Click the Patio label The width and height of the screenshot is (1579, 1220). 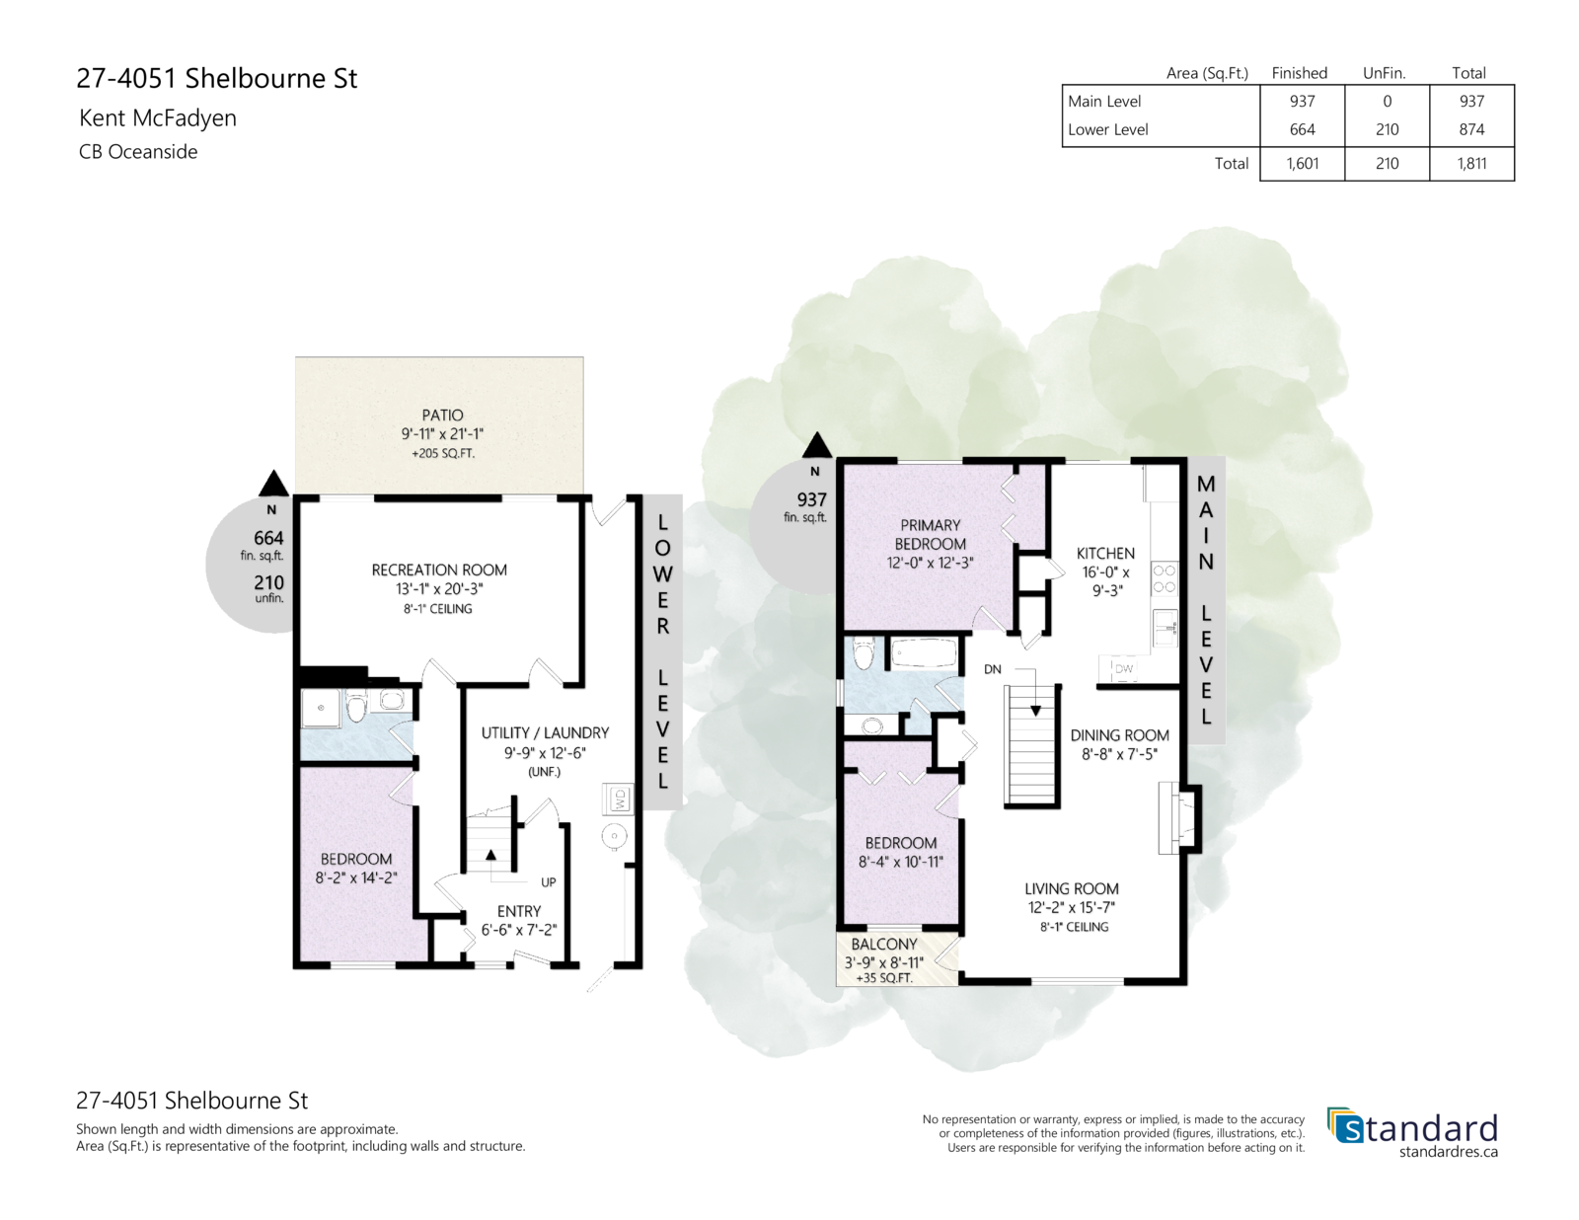[442, 415]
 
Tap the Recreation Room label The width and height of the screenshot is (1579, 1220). [439, 570]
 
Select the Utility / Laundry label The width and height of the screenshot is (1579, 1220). [545, 732]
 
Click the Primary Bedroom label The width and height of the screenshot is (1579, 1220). [930, 534]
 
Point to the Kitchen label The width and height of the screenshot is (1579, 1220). [1105, 553]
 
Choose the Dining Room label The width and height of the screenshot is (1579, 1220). [1119, 734]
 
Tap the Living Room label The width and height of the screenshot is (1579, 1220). [1071, 888]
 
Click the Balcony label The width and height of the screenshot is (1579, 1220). [884, 944]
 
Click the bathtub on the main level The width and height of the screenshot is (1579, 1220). [923, 653]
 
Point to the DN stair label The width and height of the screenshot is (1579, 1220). [993, 669]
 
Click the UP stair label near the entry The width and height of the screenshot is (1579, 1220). [549, 882]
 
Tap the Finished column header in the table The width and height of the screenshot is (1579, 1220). [1300, 73]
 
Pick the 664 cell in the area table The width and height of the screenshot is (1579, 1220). [1302, 129]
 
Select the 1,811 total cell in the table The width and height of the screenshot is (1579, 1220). [1471, 164]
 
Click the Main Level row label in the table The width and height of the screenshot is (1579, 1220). [1103, 101]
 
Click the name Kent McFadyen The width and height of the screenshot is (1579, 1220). [158, 117]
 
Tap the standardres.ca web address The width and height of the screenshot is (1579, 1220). [1448, 1152]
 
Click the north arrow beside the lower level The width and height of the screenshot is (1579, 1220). [274, 484]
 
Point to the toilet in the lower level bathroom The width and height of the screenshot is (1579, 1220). [356, 706]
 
